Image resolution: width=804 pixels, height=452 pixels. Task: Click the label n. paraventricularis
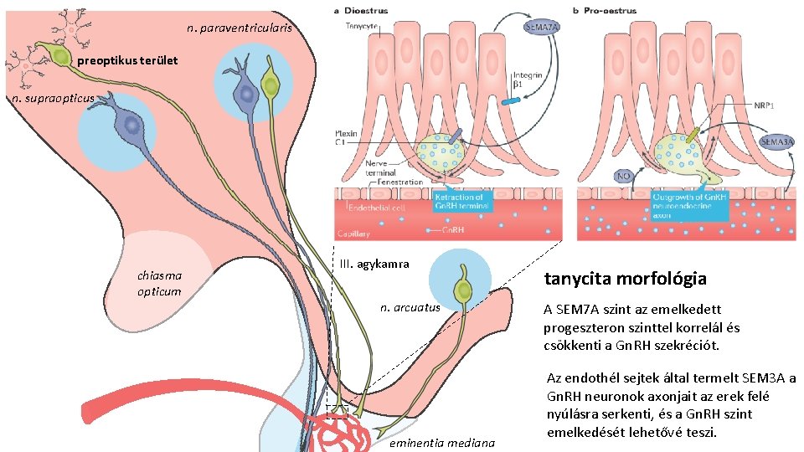click(240, 28)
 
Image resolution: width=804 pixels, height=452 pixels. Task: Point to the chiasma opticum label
click(159, 283)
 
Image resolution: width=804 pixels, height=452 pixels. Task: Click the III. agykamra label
click(374, 264)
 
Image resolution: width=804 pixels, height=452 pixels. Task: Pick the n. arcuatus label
click(410, 307)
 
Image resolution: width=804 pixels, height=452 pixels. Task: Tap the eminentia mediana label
click(443, 442)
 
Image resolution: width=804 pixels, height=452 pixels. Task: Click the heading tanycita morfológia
click(625, 279)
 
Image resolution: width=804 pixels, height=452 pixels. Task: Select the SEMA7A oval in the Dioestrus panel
click(543, 27)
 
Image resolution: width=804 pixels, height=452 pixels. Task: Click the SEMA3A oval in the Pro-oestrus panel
click(776, 142)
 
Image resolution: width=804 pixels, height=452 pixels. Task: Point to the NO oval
click(624, 176)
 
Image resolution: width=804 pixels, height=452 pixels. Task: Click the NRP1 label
click(761, 106)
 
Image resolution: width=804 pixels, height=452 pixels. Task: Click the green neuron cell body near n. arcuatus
click(462, 291)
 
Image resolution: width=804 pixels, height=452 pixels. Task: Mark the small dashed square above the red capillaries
click(337, 411)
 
